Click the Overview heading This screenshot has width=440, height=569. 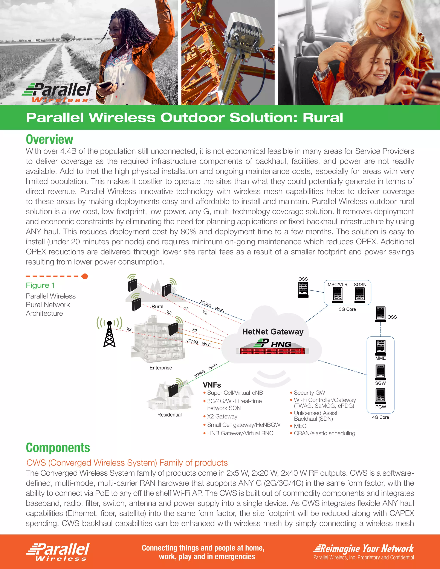50,139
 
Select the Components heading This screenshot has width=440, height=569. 58,448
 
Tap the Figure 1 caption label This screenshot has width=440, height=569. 40,285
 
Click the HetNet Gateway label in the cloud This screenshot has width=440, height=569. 273,332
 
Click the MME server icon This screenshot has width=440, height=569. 380,347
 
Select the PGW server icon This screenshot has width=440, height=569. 380,396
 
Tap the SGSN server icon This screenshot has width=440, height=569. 360,295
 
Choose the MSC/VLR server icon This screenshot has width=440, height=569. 338,295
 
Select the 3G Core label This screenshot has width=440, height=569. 347,309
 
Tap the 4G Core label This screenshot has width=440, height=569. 380,417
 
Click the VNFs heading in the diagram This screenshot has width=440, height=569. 212,385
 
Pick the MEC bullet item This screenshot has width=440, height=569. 300,426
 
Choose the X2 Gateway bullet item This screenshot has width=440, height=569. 222,416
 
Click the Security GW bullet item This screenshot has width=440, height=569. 309,393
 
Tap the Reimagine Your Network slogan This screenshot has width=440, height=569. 364,549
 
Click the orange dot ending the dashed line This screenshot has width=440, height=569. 85,276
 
